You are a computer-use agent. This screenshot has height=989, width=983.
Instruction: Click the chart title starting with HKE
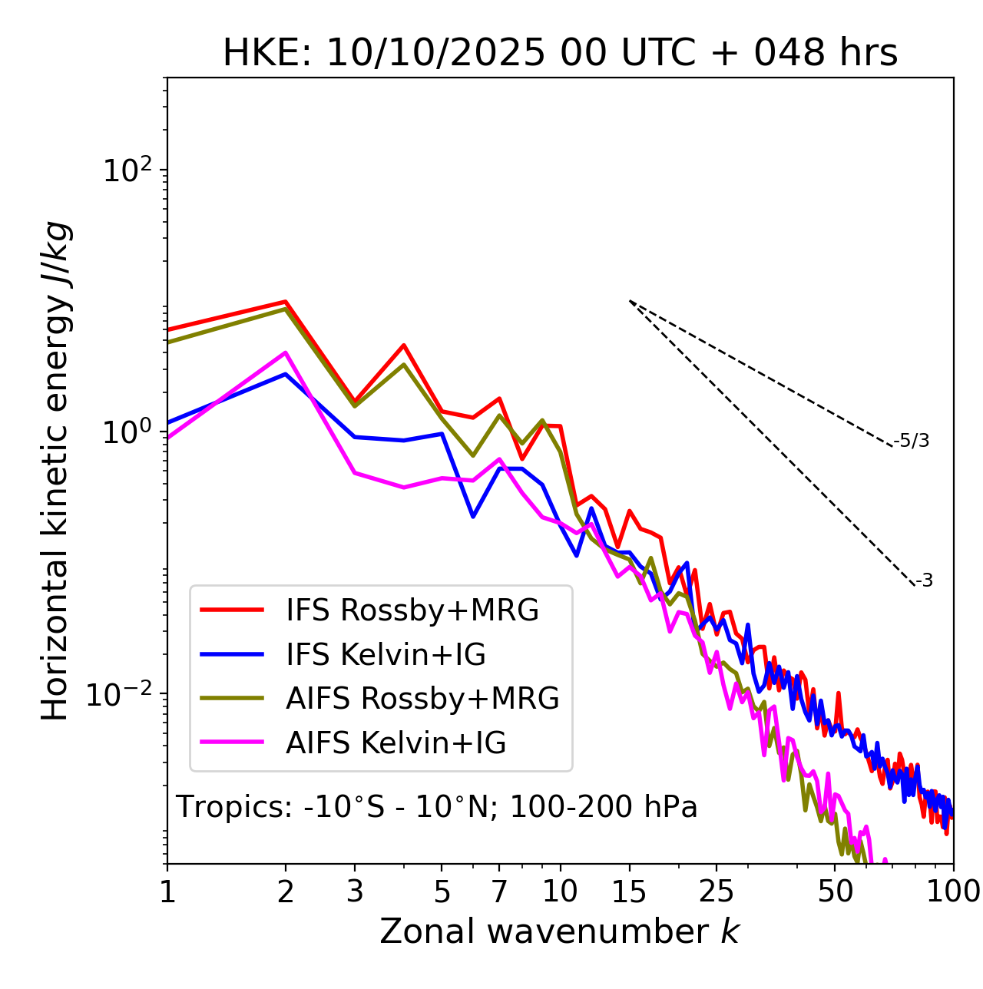(x=560, y=54)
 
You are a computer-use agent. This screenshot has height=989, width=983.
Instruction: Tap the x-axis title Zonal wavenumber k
(x=559, y=931)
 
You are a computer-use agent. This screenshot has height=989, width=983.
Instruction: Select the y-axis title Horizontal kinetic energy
(x=55, y=471)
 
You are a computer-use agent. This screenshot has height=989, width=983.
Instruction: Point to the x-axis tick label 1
(x=167, y=891)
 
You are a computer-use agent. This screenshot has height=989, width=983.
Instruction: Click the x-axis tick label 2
(x=286, y=891)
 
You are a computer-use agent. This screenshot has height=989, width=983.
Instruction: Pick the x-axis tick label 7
(x=500, y=891)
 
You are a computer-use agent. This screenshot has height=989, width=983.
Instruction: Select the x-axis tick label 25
(x=717, y=891)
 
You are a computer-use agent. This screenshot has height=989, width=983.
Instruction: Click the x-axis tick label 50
(x=835, y=891)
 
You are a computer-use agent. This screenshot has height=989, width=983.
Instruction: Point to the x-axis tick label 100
(x=953, y=891)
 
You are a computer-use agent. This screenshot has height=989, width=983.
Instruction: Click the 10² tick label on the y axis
(x=126, y=170)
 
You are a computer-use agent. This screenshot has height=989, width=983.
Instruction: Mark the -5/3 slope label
(x=912, y=442)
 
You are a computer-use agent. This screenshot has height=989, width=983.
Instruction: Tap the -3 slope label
(x=925, y=581)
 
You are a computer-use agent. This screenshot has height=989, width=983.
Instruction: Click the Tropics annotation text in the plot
(x=436, y=808)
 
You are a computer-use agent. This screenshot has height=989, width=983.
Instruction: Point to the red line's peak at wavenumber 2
(x=286, y=302)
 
